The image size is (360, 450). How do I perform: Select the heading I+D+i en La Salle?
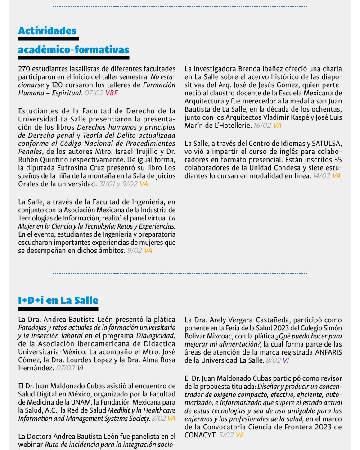tap(58, 300)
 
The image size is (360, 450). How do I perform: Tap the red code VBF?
tap(112, 93)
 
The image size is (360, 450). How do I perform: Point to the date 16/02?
tap(262, 126)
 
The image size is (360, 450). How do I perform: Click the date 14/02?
tap(321, 176)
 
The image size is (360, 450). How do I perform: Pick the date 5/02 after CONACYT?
tap(226, 435)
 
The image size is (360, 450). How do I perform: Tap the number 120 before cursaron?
tap(57, 85)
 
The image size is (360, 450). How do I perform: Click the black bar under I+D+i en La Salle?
tap(58, 309)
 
